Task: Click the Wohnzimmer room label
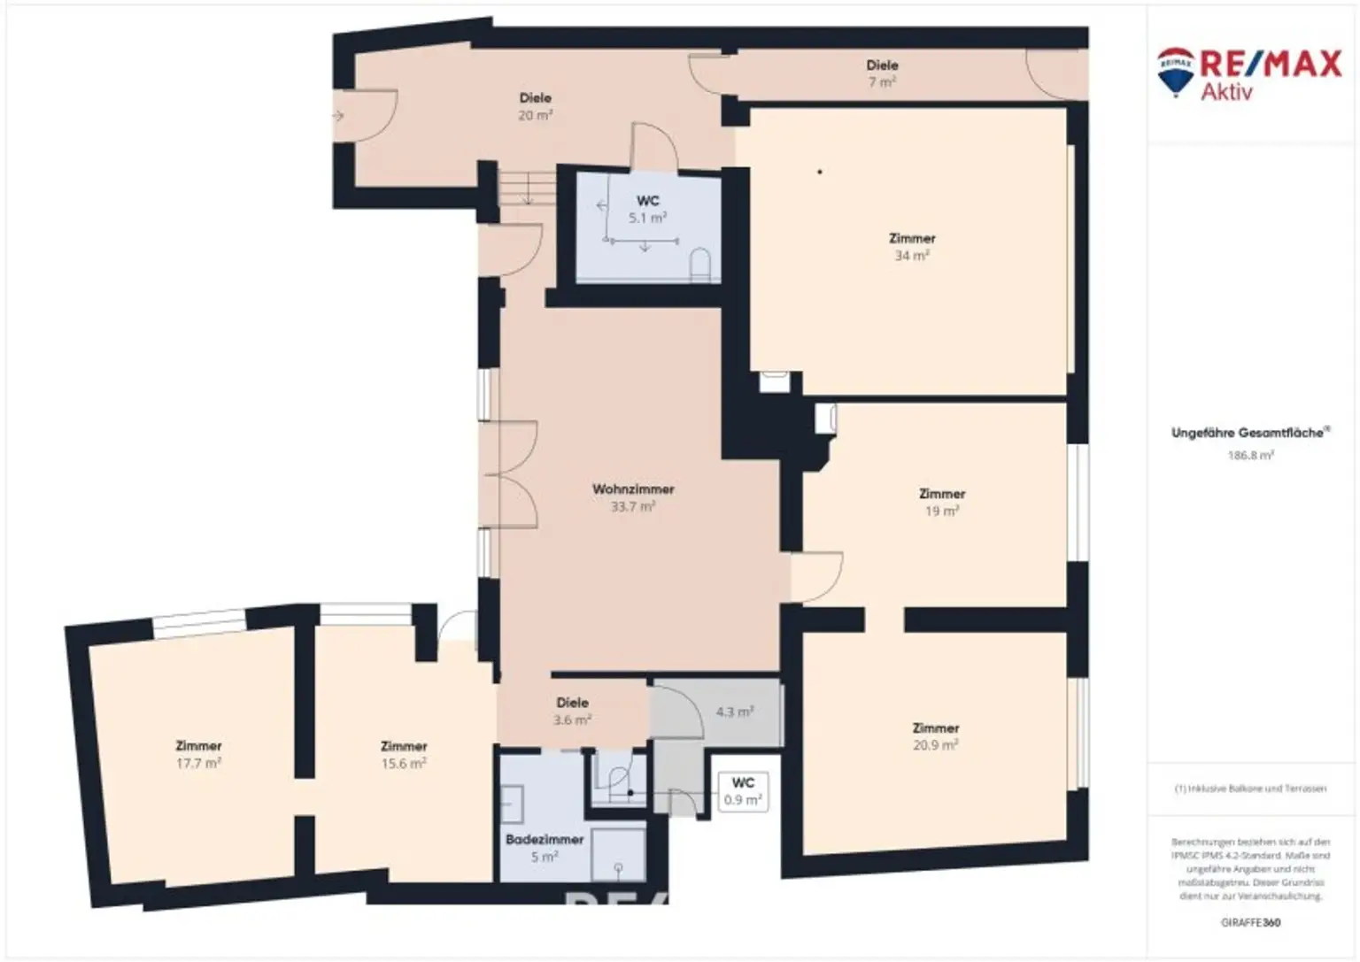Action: (633, 489)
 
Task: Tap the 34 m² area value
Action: (912, 256)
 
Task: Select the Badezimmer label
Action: (545, 839)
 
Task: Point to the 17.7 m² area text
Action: (198, 763)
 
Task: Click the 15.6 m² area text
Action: (404, 763)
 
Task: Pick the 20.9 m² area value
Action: (935, 745)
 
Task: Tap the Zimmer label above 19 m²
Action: (942, 493)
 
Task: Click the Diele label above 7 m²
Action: (882, 65)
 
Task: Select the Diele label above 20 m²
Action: (536, 97)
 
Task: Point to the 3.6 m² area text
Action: (572, 720)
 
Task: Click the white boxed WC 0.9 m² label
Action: (743, 791)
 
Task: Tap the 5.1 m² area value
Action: (647, 218)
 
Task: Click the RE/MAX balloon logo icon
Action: (1176, 72)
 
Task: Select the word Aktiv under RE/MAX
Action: (1226, 90)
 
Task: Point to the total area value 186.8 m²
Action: (1250, 456)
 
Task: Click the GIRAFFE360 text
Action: (1250, 922)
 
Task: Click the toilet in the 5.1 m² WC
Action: (699, 264)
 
